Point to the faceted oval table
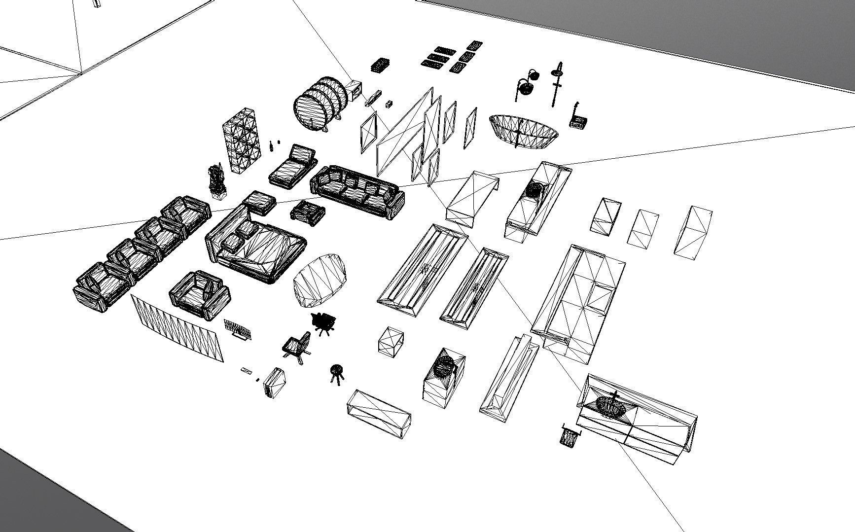click(x=321, y=281)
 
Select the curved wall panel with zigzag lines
click(x=178, y=328)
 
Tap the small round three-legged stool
click(x=337, y=372)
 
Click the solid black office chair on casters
click(x=324, y=323)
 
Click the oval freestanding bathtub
click(x=524, y=131)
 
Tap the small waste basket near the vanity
click(x=570, y=435)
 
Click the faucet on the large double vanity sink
click(x=615, y=396)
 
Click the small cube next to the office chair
click(x=391, y=341)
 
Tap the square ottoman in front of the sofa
click(x=308, y=213)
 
